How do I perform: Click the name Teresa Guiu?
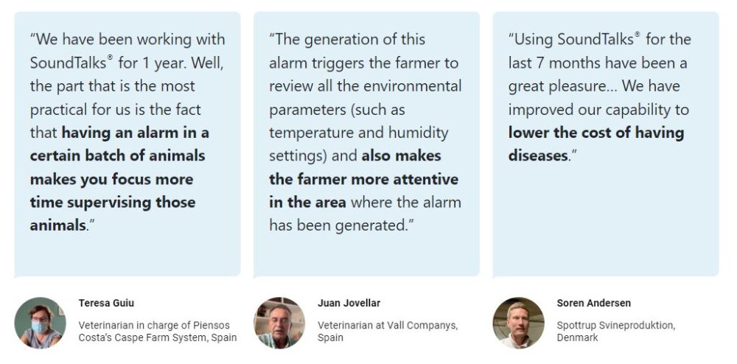(106, 303)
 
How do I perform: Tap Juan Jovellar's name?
(349, 303)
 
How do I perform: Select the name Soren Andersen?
(593, 303)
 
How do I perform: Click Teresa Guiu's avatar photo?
(40, 323)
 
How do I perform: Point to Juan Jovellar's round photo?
(279, 323)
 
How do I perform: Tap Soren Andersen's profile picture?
(518, 323)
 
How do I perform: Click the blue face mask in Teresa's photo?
(40, 326)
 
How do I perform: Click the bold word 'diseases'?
(538, 155)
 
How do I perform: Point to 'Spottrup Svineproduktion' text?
(615, 326)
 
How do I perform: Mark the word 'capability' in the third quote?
(632, 110)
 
